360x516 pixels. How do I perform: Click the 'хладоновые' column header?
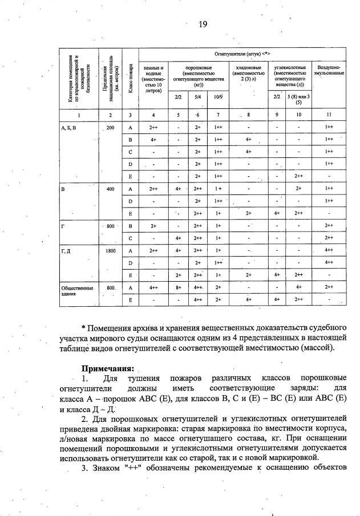point(248,73)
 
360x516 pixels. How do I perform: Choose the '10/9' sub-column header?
point(218,97)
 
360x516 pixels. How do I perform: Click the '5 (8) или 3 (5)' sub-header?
point(298,100)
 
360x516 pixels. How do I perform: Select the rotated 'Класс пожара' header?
point(130,79)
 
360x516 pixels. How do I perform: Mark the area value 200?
point(110,128)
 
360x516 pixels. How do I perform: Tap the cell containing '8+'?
point(179,288)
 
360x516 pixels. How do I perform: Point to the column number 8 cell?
point(249,115)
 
